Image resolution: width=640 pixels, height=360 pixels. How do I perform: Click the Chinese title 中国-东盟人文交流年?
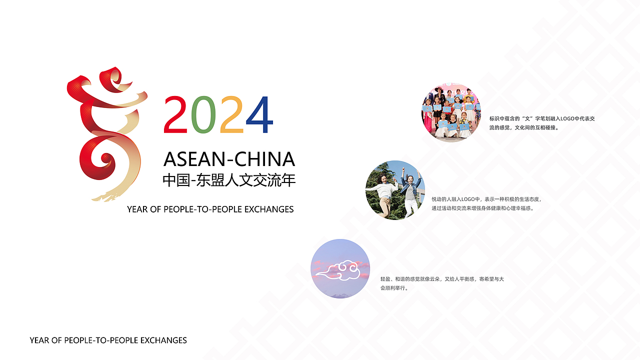coord(229,180)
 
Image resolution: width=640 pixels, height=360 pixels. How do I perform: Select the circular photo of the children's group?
coord(451,112)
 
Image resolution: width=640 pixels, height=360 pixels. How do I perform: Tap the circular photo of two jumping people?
coord(395,190)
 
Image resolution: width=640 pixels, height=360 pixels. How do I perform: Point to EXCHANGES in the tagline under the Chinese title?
coord(269,209)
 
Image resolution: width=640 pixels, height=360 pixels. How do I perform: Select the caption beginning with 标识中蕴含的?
coord(541,123)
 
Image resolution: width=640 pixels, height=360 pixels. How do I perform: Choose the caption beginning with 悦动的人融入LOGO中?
coord(486,203)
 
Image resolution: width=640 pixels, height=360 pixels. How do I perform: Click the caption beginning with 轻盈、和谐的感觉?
coord(442,283)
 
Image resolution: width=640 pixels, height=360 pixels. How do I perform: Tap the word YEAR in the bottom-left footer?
coord(39,340)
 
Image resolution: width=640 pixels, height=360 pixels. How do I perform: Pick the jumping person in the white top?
coord(384,192)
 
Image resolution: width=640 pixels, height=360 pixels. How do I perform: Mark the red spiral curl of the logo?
coord(105,160)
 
